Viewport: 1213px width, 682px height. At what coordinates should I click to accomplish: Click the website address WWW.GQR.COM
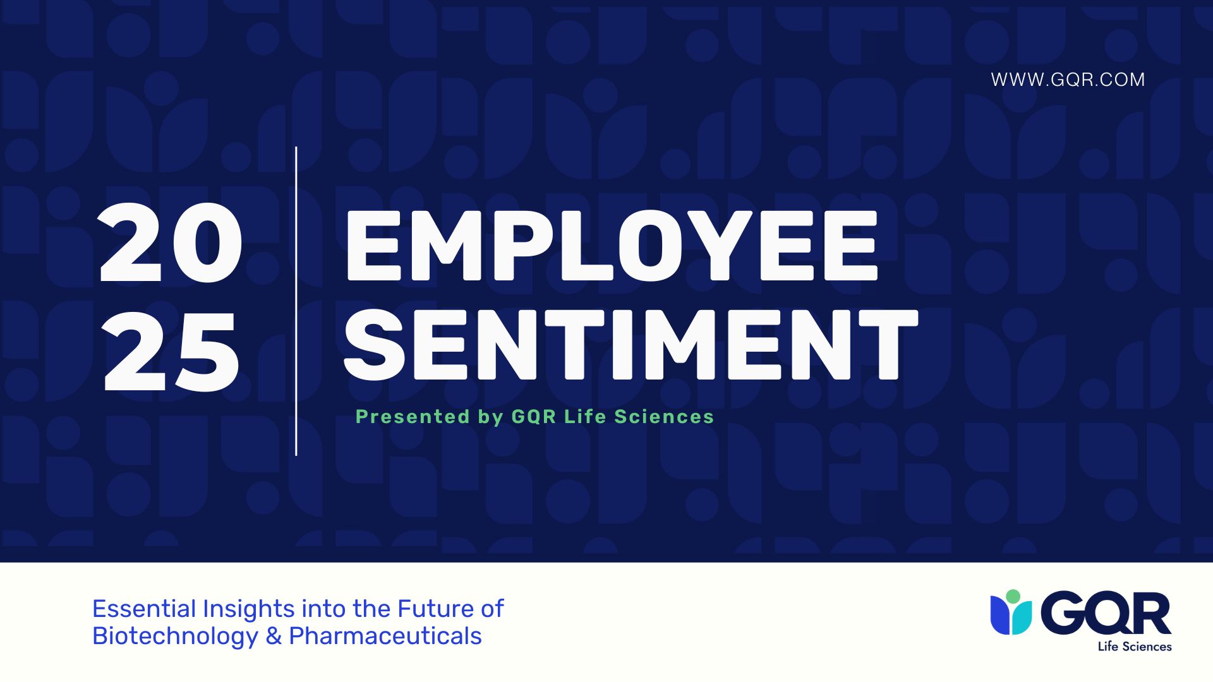pos(1068,80)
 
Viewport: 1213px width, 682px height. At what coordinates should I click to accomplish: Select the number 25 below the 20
pos(171,352)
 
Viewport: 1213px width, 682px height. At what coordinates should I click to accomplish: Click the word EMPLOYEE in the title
pos(610,246)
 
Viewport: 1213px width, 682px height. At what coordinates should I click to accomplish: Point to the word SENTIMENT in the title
pos(630,345)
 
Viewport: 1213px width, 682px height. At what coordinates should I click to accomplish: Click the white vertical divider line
pos(296,301)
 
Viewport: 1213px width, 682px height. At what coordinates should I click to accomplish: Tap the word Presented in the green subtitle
pos(413,417)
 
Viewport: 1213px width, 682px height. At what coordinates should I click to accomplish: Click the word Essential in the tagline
pos(144,609)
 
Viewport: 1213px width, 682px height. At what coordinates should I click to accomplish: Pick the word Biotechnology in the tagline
pos(175,636)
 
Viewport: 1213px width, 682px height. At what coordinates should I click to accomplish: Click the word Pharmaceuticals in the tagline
pos(385,636)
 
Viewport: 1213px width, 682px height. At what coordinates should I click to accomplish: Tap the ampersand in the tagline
pos(274,636)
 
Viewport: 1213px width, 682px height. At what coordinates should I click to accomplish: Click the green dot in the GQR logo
pos(1013,596)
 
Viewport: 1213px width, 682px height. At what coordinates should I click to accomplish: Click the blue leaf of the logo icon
pos(1000,615)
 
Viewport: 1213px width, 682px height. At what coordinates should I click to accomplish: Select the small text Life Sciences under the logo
pos(1135,647)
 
